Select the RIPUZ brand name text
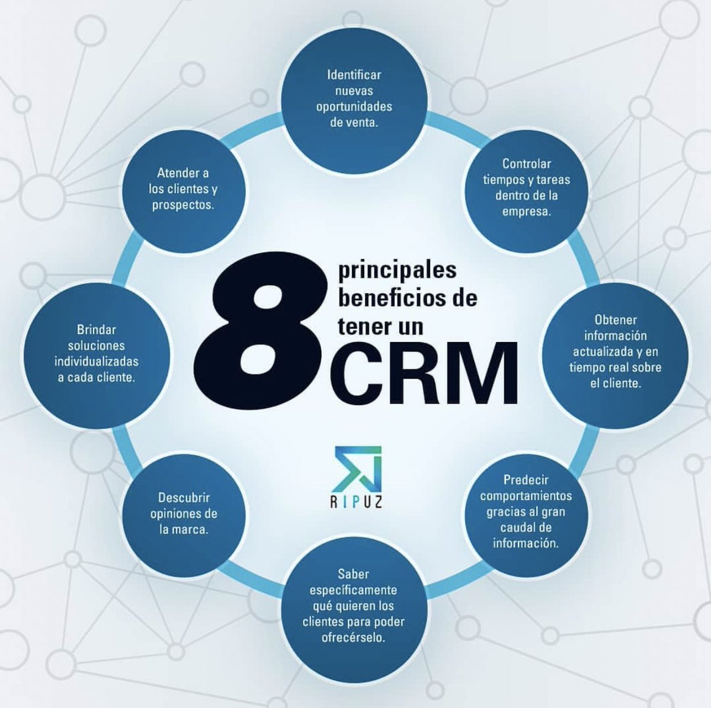356,503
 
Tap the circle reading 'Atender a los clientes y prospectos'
183,190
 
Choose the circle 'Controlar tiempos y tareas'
527,188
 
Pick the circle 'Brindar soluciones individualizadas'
96,354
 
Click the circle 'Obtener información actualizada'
616,352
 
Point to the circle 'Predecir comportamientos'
526,512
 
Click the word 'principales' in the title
397,270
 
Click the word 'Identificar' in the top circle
354,75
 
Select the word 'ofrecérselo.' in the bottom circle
354,638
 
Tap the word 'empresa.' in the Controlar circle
527,212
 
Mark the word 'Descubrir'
184,498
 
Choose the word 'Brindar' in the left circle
96,329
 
